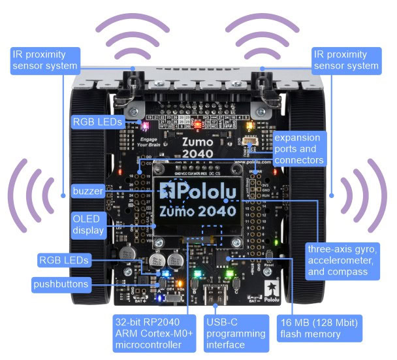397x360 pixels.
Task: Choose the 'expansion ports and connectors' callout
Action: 298,149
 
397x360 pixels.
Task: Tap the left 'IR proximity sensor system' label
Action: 44,60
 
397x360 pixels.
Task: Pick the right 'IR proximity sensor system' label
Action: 345,60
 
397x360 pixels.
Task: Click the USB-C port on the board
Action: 215,296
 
